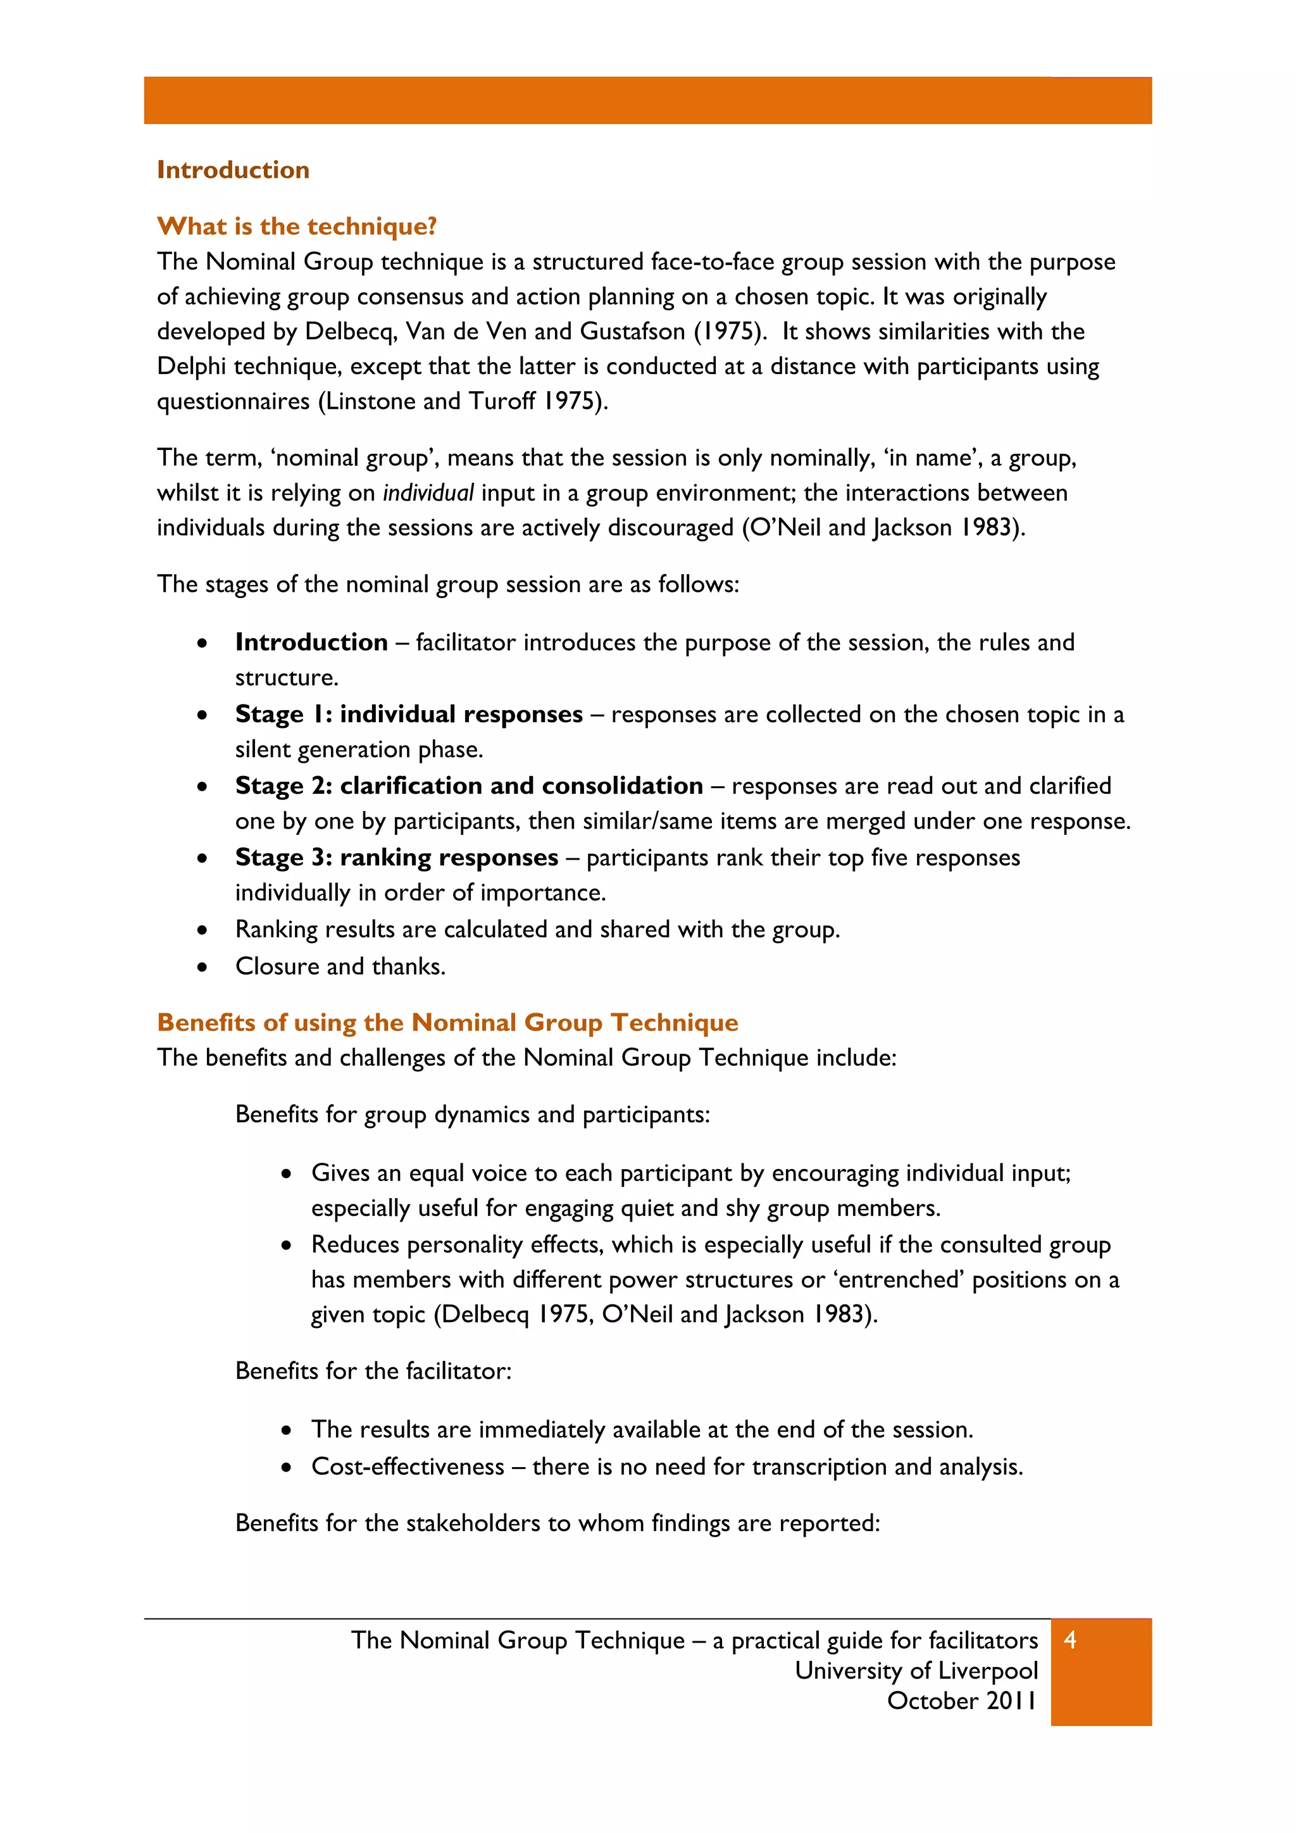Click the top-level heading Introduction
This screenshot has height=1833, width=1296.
click(x=233, y=170)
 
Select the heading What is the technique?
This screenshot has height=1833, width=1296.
click(x=297, y=227)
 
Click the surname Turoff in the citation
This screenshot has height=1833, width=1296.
click(x=501, y=401)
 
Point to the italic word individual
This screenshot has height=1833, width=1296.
click(x=428, y=492)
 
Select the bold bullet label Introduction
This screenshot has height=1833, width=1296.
click(x=311, y=642)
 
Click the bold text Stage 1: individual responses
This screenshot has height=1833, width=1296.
click(x=409, y=715)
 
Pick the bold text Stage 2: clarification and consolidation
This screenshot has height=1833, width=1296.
click(x=468, y=786)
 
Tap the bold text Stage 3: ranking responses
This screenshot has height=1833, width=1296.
click(x=397, y=858)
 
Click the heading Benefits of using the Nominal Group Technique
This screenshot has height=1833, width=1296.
click(x=447, y=1023)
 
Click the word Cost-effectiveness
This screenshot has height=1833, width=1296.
click(x=407, y=1467)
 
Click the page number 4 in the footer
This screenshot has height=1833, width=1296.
click(x=1070, y=1640)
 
